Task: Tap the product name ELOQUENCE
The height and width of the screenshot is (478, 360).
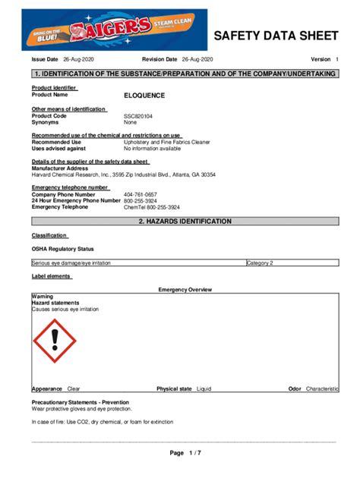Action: click(144, 96)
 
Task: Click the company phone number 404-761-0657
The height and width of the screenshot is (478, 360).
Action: click(141, 195)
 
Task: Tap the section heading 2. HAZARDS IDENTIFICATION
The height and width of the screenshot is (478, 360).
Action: click(185, 221)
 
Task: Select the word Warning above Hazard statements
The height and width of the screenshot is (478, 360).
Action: click(43, 296)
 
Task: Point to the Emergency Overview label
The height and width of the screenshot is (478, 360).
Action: click(185, 290)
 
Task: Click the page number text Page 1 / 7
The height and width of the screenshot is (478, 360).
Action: click(185, 453)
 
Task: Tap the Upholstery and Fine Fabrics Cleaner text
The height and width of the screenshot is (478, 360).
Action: click(167, 142)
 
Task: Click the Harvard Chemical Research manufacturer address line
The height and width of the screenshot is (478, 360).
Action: click(123, 175)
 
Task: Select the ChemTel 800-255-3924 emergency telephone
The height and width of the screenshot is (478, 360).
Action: click(152, 207)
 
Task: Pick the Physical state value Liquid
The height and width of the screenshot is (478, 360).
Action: click(204, 388)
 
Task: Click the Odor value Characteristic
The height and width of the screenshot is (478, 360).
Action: click(322, 388)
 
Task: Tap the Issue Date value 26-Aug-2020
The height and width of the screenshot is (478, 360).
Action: click(77, 59)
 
